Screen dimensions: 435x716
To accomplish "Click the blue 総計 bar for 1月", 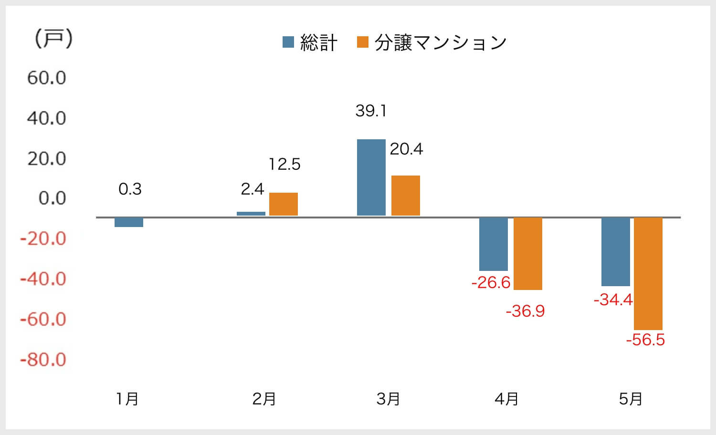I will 129,222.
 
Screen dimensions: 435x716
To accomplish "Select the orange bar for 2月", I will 284,204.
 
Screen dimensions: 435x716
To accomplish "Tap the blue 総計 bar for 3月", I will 371,177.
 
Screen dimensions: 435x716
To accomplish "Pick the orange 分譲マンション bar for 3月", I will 406,196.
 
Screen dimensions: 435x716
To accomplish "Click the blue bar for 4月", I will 494,244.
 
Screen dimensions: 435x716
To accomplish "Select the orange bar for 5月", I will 648,273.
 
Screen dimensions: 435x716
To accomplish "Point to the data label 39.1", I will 371,111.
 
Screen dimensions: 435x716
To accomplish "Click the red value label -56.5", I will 645,340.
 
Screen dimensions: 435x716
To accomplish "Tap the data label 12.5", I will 284,165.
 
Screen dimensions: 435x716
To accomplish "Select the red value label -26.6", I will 491,283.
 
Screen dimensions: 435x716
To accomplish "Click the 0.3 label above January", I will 130,189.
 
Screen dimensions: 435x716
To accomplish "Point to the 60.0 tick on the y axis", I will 46,78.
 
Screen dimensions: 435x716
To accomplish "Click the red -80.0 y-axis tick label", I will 43,359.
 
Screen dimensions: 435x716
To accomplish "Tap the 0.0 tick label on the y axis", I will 52,198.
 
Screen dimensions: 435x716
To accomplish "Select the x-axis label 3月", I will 388,399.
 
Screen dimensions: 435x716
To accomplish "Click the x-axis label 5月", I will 631,399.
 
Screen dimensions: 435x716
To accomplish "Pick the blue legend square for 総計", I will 288,42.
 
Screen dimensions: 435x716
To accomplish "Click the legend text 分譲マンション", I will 440,43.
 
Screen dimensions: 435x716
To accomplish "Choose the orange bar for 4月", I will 528,254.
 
